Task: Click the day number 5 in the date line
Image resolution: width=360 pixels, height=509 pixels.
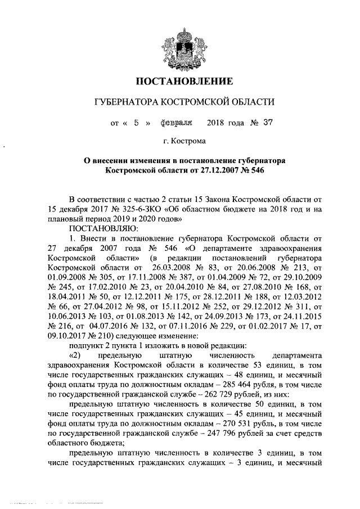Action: pyautogui.click(x=136, y=121)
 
